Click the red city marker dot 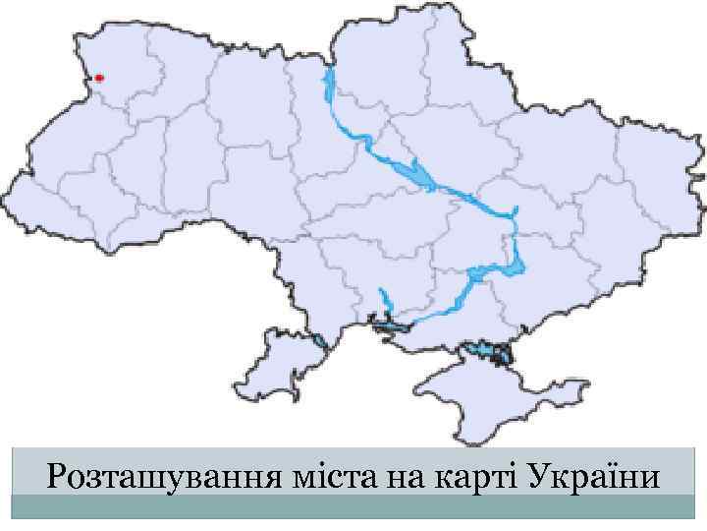click(99, 78)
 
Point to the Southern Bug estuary click(384, 299)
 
